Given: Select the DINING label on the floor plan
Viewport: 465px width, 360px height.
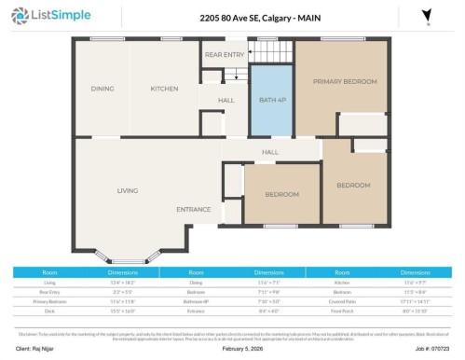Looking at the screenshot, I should [x=103, y=90].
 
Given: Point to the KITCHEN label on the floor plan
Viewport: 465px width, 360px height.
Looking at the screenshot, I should [x=165, y=90].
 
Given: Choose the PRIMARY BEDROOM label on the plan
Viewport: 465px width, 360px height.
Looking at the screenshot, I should [x=344, y=82].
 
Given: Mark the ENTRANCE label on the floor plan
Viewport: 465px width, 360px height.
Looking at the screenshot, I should [x=194, y=210].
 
